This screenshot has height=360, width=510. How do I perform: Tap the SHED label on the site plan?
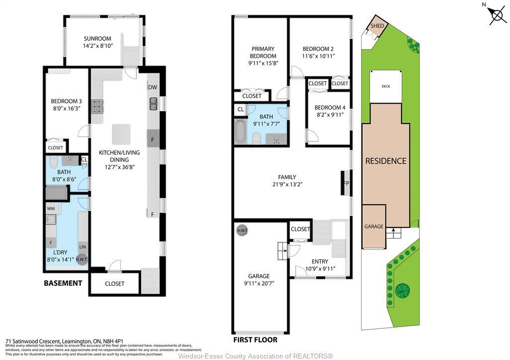click(x=376, y=26)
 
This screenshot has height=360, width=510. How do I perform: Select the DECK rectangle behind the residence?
click(x=386, y=87)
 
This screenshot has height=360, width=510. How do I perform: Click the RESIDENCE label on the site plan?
click(x=386, y=161)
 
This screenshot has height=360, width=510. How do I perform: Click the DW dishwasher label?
click(x=152, y=88)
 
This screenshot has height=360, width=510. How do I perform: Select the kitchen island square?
click(x=122, y=134)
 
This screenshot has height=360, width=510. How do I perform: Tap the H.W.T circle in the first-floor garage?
click(x=243, y=231)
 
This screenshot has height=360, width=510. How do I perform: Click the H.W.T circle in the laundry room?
click(x=82, y=259)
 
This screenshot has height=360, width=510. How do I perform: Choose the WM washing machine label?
click(x=51, y=208)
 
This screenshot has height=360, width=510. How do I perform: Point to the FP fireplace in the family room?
click(x=345, y=183)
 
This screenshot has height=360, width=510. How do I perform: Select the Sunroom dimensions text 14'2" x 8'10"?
click(x=98, y=46)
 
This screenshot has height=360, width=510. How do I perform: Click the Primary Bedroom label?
click(x=263, y=52)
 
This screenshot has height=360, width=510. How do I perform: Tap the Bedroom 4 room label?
click(x=330, y=108)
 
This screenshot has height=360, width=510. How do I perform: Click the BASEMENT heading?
click(x=63, y=283)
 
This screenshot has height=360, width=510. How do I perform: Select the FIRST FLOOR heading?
click(x=255, y=340)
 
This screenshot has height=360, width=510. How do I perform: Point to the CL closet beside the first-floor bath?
click(x=240, y=109)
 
